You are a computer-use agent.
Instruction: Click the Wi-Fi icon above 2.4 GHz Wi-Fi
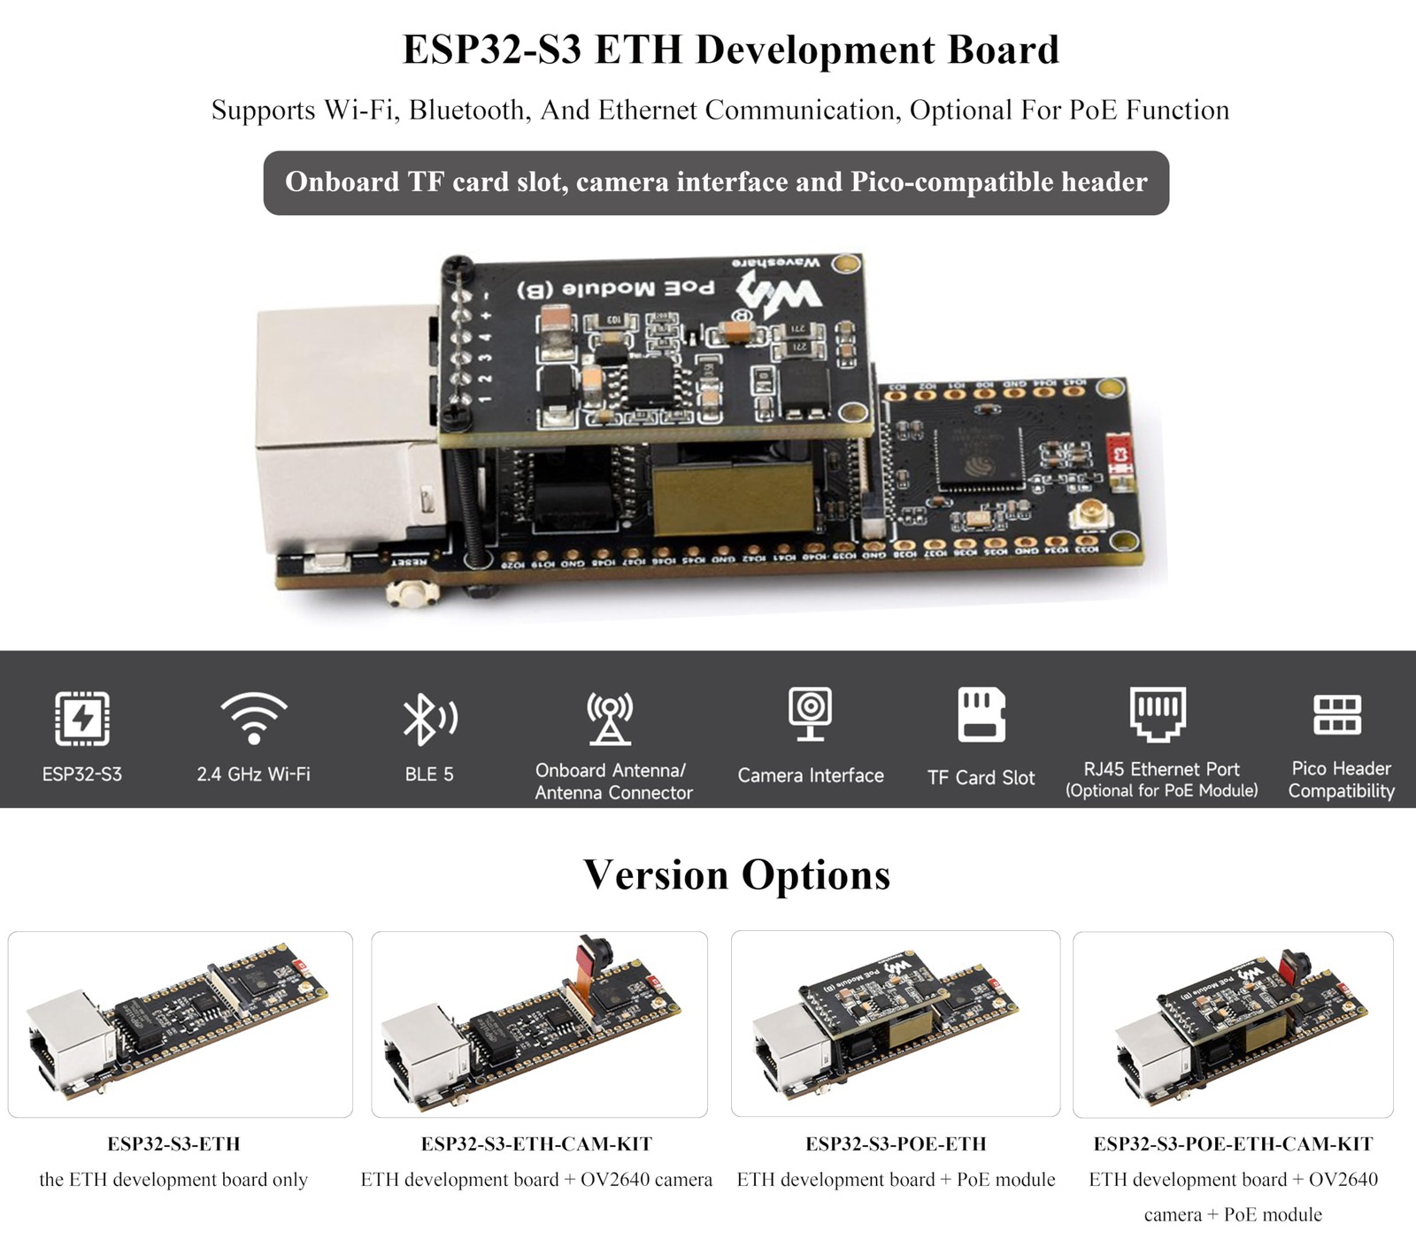tap(254, 717)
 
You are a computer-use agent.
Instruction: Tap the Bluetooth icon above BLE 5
tap(429, 718)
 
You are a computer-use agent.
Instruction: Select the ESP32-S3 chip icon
tap(82, 718)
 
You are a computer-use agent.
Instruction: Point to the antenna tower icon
tap(610, 718)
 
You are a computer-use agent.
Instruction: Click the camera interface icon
tap(810, 713)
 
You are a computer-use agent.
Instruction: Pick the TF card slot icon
tap(981, 714)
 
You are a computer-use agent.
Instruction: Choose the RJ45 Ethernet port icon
tap(1158, 712)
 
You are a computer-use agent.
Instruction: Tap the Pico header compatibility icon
tap(1337, 714)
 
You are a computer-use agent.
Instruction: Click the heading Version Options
tap(736, 874)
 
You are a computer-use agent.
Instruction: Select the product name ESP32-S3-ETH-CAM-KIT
tap(536, 1143)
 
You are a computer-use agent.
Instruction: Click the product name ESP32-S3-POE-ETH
tap(896, 1143)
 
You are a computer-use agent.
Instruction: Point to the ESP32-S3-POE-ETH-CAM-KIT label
tap(1233, 1143)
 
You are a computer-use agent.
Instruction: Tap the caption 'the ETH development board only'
tap(173, 1179)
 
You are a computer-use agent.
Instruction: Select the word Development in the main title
tap(816, 50)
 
